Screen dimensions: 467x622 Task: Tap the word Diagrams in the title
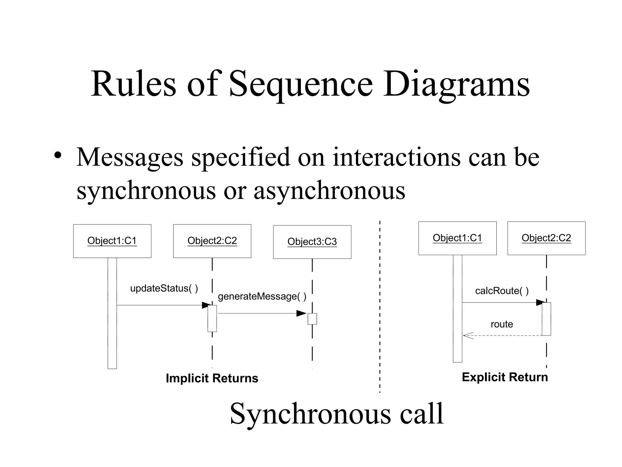(x=456, y=85)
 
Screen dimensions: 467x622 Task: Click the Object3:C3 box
(x=312, y=242)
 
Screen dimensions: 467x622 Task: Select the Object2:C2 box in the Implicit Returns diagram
(x=212, y=241)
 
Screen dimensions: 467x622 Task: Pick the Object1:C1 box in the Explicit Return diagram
(x=457, y=238)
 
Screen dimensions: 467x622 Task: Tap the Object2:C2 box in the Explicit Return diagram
(x=546, y=238)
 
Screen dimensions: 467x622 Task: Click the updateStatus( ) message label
(x=164, y=288)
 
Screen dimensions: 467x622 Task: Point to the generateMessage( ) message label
(x=262, y=296)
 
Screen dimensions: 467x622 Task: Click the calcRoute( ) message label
(x=502, y=291)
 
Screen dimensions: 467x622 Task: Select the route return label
(x=502, y=324)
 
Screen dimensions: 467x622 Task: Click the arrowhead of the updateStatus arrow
(x=206, y=305)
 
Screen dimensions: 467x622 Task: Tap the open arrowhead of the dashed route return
(x=468, y=336)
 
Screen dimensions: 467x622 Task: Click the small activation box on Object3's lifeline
(x=312, y=319)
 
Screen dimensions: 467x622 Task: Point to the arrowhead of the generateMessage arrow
(x=301, y=313)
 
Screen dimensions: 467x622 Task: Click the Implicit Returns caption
(x=212, y=378)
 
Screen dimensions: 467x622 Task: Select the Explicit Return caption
(x=504, y=377)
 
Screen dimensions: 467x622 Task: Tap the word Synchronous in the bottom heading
(x=310, y=414)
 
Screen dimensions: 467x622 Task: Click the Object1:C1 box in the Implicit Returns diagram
(x=112, y=241)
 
